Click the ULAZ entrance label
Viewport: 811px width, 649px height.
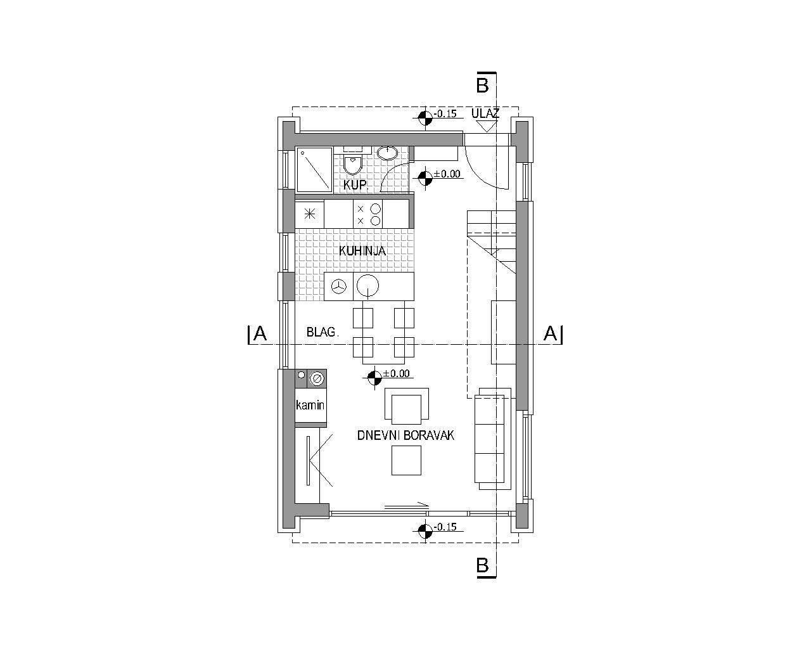click(x=485, y=113)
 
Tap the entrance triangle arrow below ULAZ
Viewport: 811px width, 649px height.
click(x=486, y=126)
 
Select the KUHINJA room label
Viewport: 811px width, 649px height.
click(x=362, y=251)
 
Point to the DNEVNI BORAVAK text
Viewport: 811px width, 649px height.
click(x=405, y=435)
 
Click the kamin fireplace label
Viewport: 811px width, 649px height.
click(x=310, y=405)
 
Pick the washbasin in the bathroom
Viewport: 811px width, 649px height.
click(x=387, y=153)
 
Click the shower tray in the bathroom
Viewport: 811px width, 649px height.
click(x=315, y=170)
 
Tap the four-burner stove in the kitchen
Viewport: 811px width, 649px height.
click(x=367, y=214)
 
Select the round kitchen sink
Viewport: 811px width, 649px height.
click(x=367, y=285)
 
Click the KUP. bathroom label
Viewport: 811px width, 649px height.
click(x=355, y=185)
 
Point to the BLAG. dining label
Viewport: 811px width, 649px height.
click(x=322, y=332)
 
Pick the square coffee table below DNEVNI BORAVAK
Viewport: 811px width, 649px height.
click(x=406, y=460)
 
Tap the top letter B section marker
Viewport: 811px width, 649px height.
click(x=483, y=85)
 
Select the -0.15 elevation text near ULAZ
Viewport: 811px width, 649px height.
click(x=445, y=113)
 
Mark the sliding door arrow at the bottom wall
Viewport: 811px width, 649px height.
click(x=407, y=505)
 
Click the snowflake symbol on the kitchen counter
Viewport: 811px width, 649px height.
click(x=310, y=215)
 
